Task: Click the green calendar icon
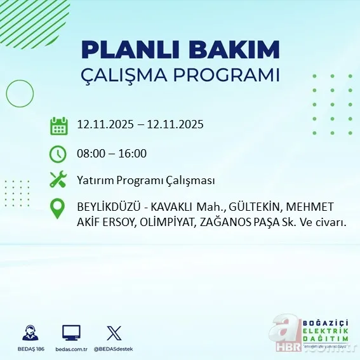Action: [x=58, y=125]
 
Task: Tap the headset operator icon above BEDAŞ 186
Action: [x=29, y=333]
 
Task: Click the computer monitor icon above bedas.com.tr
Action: [x=71, y=333]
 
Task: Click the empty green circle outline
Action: [x=20, y=95]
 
